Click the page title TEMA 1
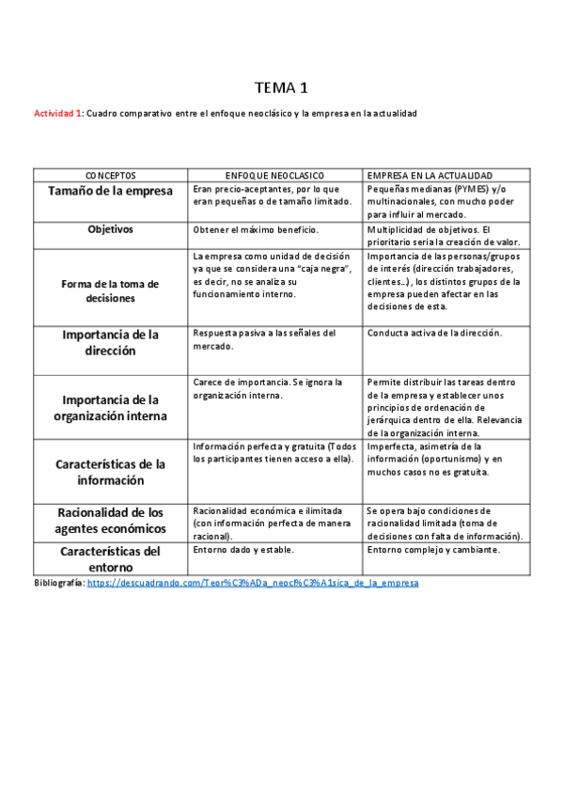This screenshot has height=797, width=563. pos(281,88)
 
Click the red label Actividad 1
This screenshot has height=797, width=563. pos(58,114)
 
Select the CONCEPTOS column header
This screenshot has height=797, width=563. pos(111,176)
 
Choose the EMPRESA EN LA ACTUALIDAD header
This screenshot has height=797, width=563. pos(431,176)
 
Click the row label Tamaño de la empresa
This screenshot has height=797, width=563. pos(111,191)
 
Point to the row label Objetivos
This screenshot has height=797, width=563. pos(111,229)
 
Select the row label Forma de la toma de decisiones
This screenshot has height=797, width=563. pos(111,290)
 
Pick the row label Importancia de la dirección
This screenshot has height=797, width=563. pos(111,342)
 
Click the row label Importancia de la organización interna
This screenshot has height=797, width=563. pos(111,407)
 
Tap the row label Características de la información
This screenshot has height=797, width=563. pos(111,472)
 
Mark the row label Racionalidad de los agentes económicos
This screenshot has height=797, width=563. pos(111,520)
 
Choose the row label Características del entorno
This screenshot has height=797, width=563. pos(111,558)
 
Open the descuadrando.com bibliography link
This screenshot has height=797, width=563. pos(253,583)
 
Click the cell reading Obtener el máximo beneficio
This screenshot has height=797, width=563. pos(256,229)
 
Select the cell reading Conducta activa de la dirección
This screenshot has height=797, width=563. pos(434,333)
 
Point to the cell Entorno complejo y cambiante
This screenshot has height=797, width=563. pos(432,550)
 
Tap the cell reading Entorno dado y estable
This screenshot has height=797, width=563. pos(243,550)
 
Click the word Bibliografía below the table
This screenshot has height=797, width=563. pos(58,583)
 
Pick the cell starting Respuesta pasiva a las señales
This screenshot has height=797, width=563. pos(263,338)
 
